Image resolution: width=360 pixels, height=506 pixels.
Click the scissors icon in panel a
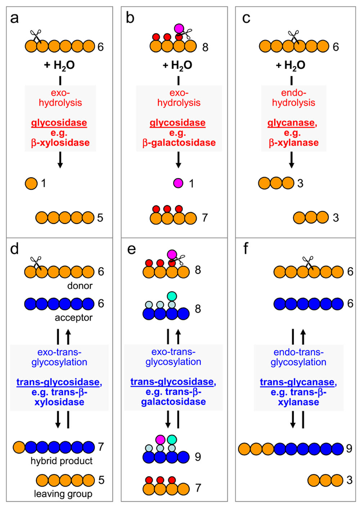(36, 36)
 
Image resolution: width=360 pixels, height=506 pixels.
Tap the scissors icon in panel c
(294, 36)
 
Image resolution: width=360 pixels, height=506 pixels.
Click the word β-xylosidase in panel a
(60, 143)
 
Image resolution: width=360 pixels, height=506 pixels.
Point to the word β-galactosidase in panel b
(179, 143)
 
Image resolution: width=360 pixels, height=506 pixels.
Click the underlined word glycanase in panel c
(291, 123)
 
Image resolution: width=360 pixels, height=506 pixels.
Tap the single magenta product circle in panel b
(178, 183)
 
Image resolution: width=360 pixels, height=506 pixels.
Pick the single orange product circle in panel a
(31, 183)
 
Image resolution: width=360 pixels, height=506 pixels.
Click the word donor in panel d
(80, 286)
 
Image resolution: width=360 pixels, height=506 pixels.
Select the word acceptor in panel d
(73, 318)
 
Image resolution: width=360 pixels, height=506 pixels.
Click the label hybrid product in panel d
(62, 461)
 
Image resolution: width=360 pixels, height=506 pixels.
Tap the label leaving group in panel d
(63, 494)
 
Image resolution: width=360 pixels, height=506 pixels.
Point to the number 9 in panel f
(349, 448)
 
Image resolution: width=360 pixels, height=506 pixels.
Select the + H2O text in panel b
(177, 65)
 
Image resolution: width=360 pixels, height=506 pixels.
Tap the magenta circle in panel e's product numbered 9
(161, 439)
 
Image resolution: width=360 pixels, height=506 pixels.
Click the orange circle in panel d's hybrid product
(19, 447)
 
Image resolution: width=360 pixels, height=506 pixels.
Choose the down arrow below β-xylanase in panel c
(292, 160)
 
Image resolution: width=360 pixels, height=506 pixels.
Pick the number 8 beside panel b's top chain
(205, 47)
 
